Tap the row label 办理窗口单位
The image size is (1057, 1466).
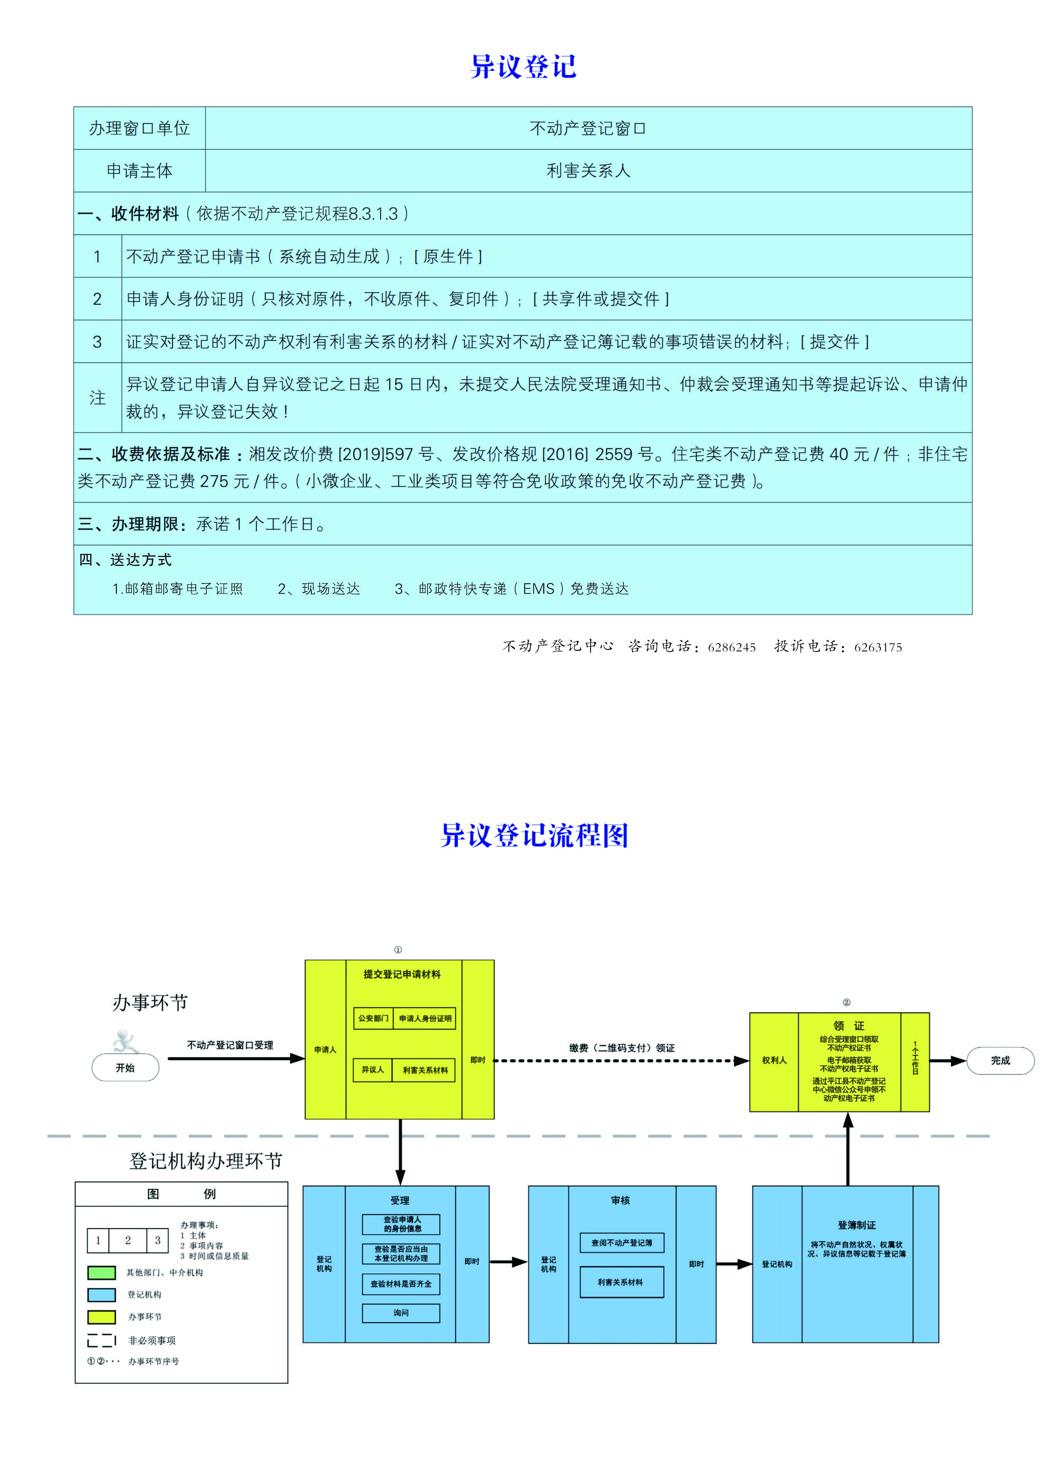(x=140, y=128)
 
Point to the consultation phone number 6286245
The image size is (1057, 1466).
(x=731, y=647)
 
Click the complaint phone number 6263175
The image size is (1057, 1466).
(x=877, y=647)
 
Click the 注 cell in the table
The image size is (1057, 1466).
(x=97, y=398)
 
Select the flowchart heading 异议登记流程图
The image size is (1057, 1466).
(x=534, y=835)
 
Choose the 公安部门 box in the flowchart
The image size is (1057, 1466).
(x=373, y=1018)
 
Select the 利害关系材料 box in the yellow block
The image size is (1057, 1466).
(x=425, y=1070)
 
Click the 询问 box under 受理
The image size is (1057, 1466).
(x=401, y=1313)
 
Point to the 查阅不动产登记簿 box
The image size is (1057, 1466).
(x=621, y=1243)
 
